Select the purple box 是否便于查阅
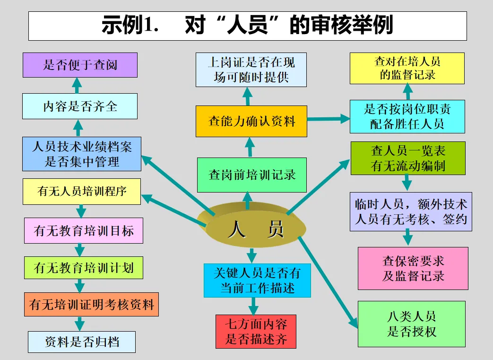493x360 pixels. pyautogui.click(x=80, y=65)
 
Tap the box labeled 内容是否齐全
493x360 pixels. pyautogui.click(x=80, y=106)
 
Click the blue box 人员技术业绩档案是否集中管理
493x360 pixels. pyautogui.click(x=82, y=154)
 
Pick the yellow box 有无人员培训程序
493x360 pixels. pyautogui.click(x=82, y=192)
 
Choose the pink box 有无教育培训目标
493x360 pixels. pyautogui.click(x=84, y=230)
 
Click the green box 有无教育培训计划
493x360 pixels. pyautogui.click(x=84, y=268)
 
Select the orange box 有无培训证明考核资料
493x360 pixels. pyautogui.click(x=91, y=304)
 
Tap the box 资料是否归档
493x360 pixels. pyautogui.click(x=82, y=342)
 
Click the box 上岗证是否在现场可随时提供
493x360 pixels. pyautogui.click(x=251, y=70)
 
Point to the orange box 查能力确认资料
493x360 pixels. pyautogui.click(x=251, y=121)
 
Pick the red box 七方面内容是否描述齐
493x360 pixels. pyautogui.click(x=256, y=331)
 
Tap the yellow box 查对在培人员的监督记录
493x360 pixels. pyautogui.click(x=407, y=68)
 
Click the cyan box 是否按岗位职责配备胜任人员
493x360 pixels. pyautogui.click(x=407, y=116)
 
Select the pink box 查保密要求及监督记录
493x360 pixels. pyautogui.click(x=413, y=268)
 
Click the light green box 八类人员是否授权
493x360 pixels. pyautogui.click(x=411, y=324)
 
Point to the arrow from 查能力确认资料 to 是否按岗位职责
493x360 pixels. pyautogui.click(x=328, y=119)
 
